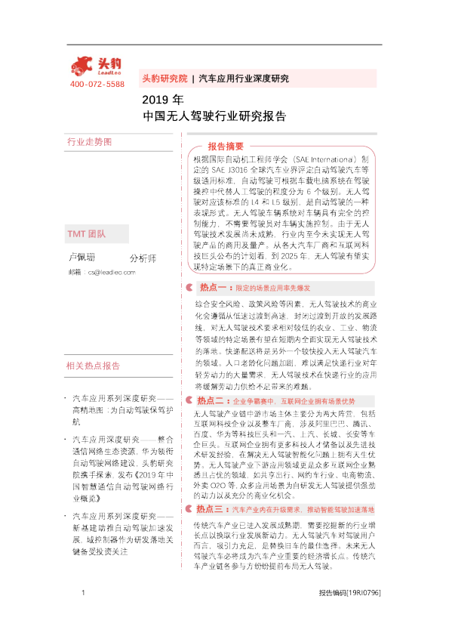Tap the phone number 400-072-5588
(x=97, y=84)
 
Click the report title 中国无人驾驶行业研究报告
(x=214, y=117)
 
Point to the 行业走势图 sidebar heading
(x=89, y=142)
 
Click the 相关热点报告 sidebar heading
(x=94, y=366)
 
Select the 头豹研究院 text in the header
(x=165, y=79)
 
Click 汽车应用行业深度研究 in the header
(x=243, y=79)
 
